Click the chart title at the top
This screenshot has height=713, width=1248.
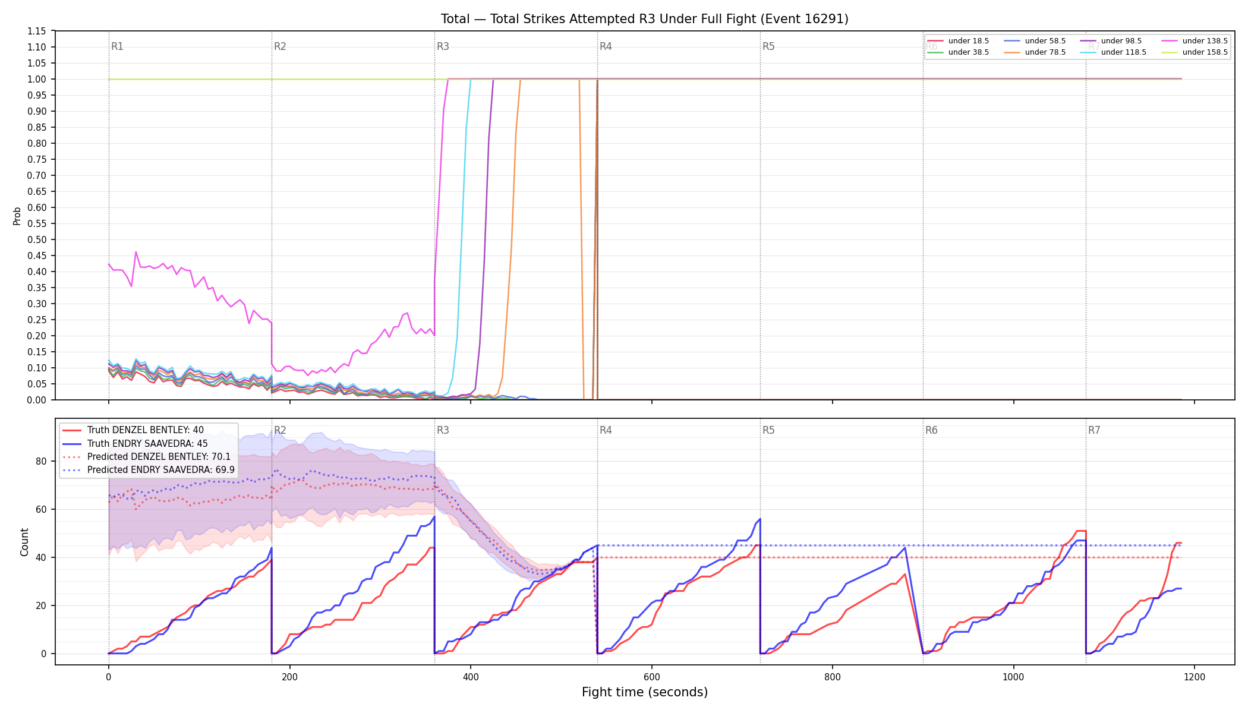(645, 19)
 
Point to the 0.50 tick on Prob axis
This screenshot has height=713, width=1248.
(37, 239)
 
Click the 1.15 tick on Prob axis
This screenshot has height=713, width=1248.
(37, 31)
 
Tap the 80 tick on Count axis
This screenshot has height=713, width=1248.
(41, 461)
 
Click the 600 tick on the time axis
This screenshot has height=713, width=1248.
(652, 677)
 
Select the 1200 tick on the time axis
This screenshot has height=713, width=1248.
(1195, 677)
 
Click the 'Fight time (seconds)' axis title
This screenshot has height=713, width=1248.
(645, 692)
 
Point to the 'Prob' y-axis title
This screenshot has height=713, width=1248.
(17, 216)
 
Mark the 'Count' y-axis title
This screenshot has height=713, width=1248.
(24, 542)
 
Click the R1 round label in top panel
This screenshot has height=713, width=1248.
(117, 46)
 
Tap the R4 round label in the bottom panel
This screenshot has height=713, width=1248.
(606, 430)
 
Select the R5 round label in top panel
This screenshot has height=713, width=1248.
(768, 46)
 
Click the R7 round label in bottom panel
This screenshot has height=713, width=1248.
(1094, 430)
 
